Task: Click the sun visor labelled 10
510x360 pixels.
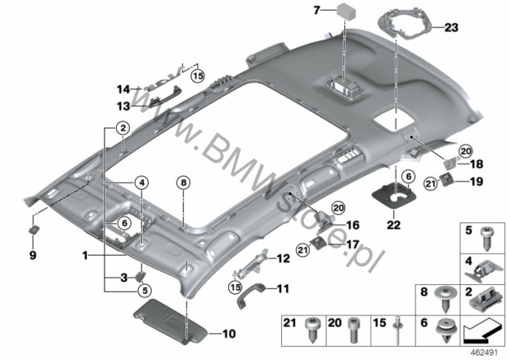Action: [170, 321]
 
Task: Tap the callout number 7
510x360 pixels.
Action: [317, 10]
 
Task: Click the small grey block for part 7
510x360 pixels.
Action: [346, 11]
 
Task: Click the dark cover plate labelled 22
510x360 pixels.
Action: [394, 196]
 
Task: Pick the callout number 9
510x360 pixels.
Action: [33, 255]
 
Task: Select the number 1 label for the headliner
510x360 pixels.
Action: [85, 256]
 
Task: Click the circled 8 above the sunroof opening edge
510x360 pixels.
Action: [184, 183]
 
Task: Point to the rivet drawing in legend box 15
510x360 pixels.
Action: [398, 330]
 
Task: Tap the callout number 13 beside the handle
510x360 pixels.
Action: [123, 106]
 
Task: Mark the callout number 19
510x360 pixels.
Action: [476, 181]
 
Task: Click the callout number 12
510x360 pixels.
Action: [283, 258]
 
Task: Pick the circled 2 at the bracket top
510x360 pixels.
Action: [123, 128]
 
